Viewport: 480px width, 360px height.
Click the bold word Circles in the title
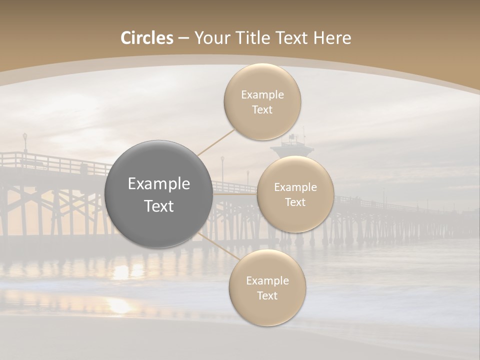(147, 38)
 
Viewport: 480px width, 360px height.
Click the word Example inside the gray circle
(159, 184)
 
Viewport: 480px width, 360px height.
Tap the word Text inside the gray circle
(159, 206)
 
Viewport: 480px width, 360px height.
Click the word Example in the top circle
(262, 94)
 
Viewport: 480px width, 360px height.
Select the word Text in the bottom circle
(267, 295)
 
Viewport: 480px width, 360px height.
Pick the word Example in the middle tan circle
(295, 187)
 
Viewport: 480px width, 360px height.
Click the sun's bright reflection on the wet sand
(120, 304)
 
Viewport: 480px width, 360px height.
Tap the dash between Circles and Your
(183, 38)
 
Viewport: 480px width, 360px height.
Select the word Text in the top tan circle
(262, 109)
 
